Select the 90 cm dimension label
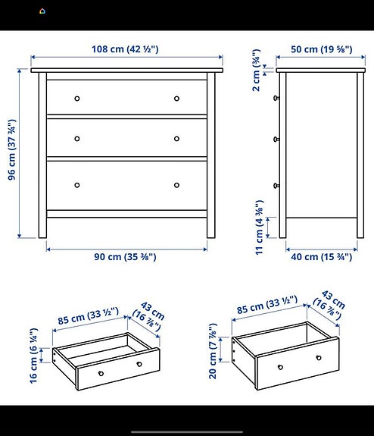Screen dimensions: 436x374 click(x=126, y=257)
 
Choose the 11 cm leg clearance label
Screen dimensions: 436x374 click(x=258, y=226)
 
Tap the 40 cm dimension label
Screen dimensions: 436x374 click(x=321, y=257)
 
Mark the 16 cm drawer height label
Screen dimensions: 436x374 click(x=33, y=356)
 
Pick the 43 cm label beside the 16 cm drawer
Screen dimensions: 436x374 click(x=149, y=316)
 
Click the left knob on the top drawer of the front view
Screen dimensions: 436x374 click(x=76, y=99)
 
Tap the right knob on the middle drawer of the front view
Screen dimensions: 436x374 click(x=177, y=138)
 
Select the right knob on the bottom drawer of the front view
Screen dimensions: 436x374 click(x=177, y=185)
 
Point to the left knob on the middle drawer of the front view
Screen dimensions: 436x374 click(x=76, y=138)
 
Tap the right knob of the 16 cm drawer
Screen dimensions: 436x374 click(x=139, y=365)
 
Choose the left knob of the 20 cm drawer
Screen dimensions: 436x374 click(x=280, y=368)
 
